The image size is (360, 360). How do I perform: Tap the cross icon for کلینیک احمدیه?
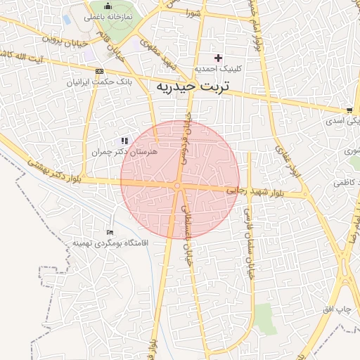pos(218,57)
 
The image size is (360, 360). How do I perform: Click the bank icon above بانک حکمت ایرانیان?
pos(99,71)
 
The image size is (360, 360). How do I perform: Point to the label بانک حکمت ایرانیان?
pos(99,82)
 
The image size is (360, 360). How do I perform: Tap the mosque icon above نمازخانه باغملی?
pos(108,7)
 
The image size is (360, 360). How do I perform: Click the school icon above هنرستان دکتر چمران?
pos(125,141)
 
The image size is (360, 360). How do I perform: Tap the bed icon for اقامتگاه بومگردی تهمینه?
pos(109,232)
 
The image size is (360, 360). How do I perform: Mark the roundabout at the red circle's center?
pos(179,186)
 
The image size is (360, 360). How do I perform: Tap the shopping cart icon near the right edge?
pos(349,110)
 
